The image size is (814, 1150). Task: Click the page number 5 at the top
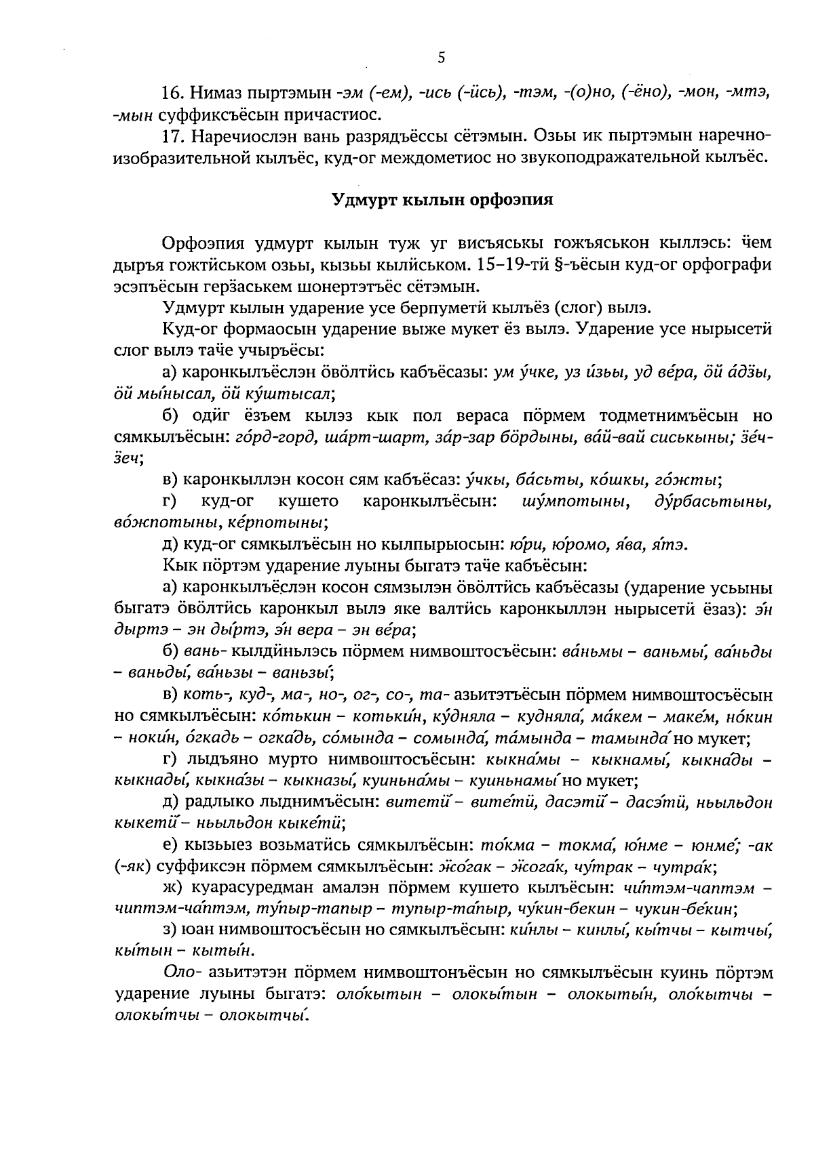[441, 58]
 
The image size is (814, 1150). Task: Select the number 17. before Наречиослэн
[174, 136]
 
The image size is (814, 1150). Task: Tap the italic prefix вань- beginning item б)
[205, 652]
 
